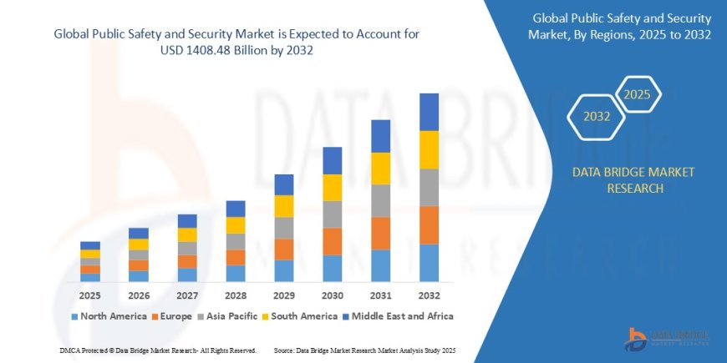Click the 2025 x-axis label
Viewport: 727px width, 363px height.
(90, 296)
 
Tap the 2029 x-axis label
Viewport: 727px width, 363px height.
(284, 296)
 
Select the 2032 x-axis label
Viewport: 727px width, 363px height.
(429, 296)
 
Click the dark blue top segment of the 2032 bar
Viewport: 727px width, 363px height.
(429, 112)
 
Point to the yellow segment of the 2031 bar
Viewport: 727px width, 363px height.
(380, 169)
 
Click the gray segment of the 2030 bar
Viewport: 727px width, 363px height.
(333, 214)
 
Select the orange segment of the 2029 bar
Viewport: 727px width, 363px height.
(284, 250)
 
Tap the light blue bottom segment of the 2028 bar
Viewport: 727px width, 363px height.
(236, 273)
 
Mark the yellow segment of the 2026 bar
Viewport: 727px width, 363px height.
(139, 245)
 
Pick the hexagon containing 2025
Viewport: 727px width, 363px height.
(638, 93)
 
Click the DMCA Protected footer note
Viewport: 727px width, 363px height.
(158, 350)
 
